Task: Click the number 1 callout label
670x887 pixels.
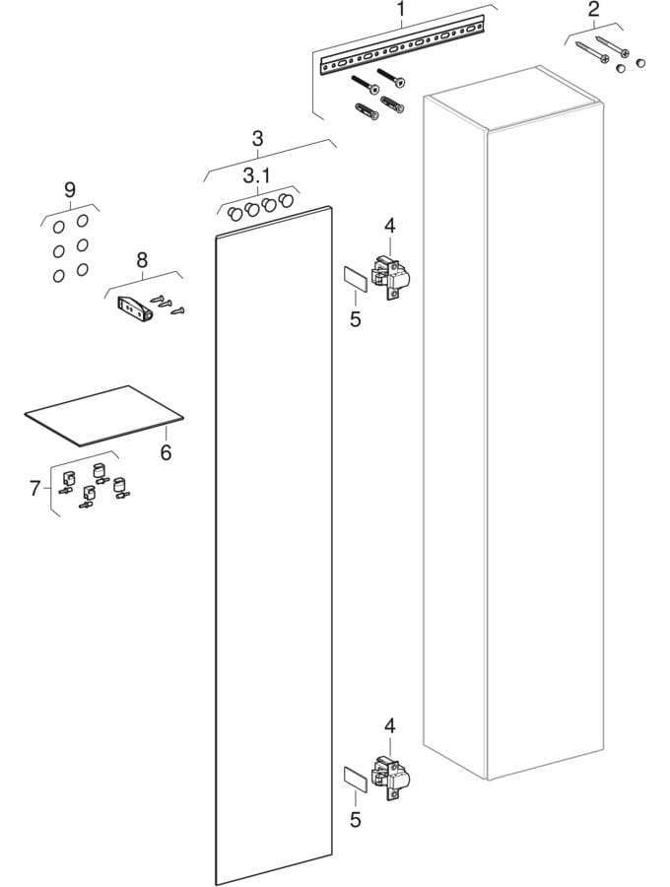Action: tap(401, 11)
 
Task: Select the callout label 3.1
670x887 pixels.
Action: tap(256, 176)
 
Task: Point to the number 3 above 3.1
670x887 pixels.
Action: tap(256, 138)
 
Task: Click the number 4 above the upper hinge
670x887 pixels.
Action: tap(389, 226)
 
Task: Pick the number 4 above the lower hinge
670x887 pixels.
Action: tap(389, 726)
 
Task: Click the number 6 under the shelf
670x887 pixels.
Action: tap(166, 452)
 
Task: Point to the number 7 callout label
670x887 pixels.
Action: tap(34, 488)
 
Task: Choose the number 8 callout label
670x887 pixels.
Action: tap(142, 260)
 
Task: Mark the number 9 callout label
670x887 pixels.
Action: tap(69, 189)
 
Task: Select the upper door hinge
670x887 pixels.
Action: tap(391, 274)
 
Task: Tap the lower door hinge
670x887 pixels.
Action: tap(391, 774)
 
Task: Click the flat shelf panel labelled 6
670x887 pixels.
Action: tap(103, 413)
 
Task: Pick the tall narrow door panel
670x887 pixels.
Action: tap(272, 552)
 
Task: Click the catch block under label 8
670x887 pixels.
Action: tap(132, 307)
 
